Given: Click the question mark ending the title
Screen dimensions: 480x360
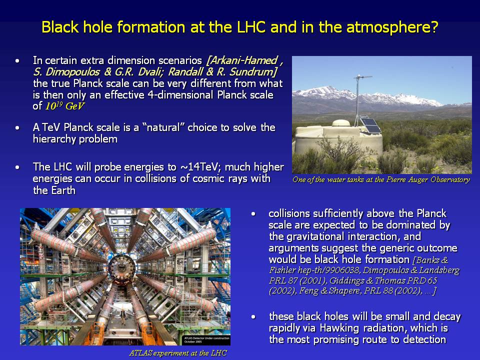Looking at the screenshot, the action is tap(434, 27).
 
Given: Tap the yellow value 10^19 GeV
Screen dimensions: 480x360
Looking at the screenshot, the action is tap(64, 106).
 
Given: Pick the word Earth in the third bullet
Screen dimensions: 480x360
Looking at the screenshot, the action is tap(63, 190).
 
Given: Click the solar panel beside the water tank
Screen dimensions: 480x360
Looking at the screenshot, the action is tap(370, 124).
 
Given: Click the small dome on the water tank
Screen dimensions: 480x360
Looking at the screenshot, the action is tap(340, 123).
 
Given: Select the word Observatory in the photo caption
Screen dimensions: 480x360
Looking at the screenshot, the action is tap(450, 179).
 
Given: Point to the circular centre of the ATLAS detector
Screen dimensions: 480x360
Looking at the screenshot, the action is tap(121, 270).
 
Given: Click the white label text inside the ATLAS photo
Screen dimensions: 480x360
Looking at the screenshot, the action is tap(206, 340).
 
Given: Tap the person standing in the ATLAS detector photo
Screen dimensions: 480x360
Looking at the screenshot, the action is tap(123, 315).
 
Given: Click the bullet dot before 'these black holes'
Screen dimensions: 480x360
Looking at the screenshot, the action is tap(253, 317).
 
